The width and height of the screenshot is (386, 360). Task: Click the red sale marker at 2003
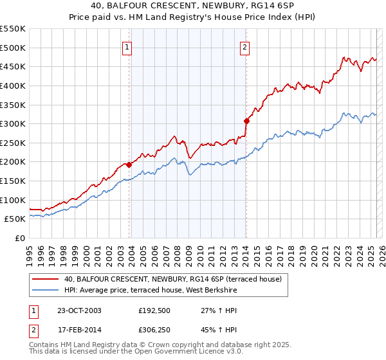[x=129, y=165]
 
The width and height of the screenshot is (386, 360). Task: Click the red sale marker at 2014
[x=246, y=121]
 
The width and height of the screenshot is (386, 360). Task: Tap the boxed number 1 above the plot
[x=127, y=47]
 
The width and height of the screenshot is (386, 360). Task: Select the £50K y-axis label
[x=15, y=219]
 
